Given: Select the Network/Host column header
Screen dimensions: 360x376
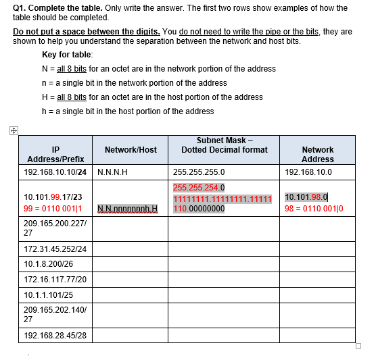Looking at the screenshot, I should pos(131,149).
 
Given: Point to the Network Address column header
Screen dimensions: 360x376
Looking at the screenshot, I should pos(317,154).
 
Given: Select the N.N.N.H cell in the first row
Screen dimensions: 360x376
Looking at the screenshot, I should pos(113,172).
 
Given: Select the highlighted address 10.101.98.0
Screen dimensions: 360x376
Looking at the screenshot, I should pos(306,197).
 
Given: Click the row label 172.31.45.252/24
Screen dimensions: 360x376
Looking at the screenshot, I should pos(55,249).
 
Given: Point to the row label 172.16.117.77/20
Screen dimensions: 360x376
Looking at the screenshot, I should pos(55,279).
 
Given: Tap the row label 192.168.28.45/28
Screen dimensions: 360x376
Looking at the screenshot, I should pos(55,335).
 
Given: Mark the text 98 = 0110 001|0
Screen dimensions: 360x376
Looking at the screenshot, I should pos(314,208).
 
